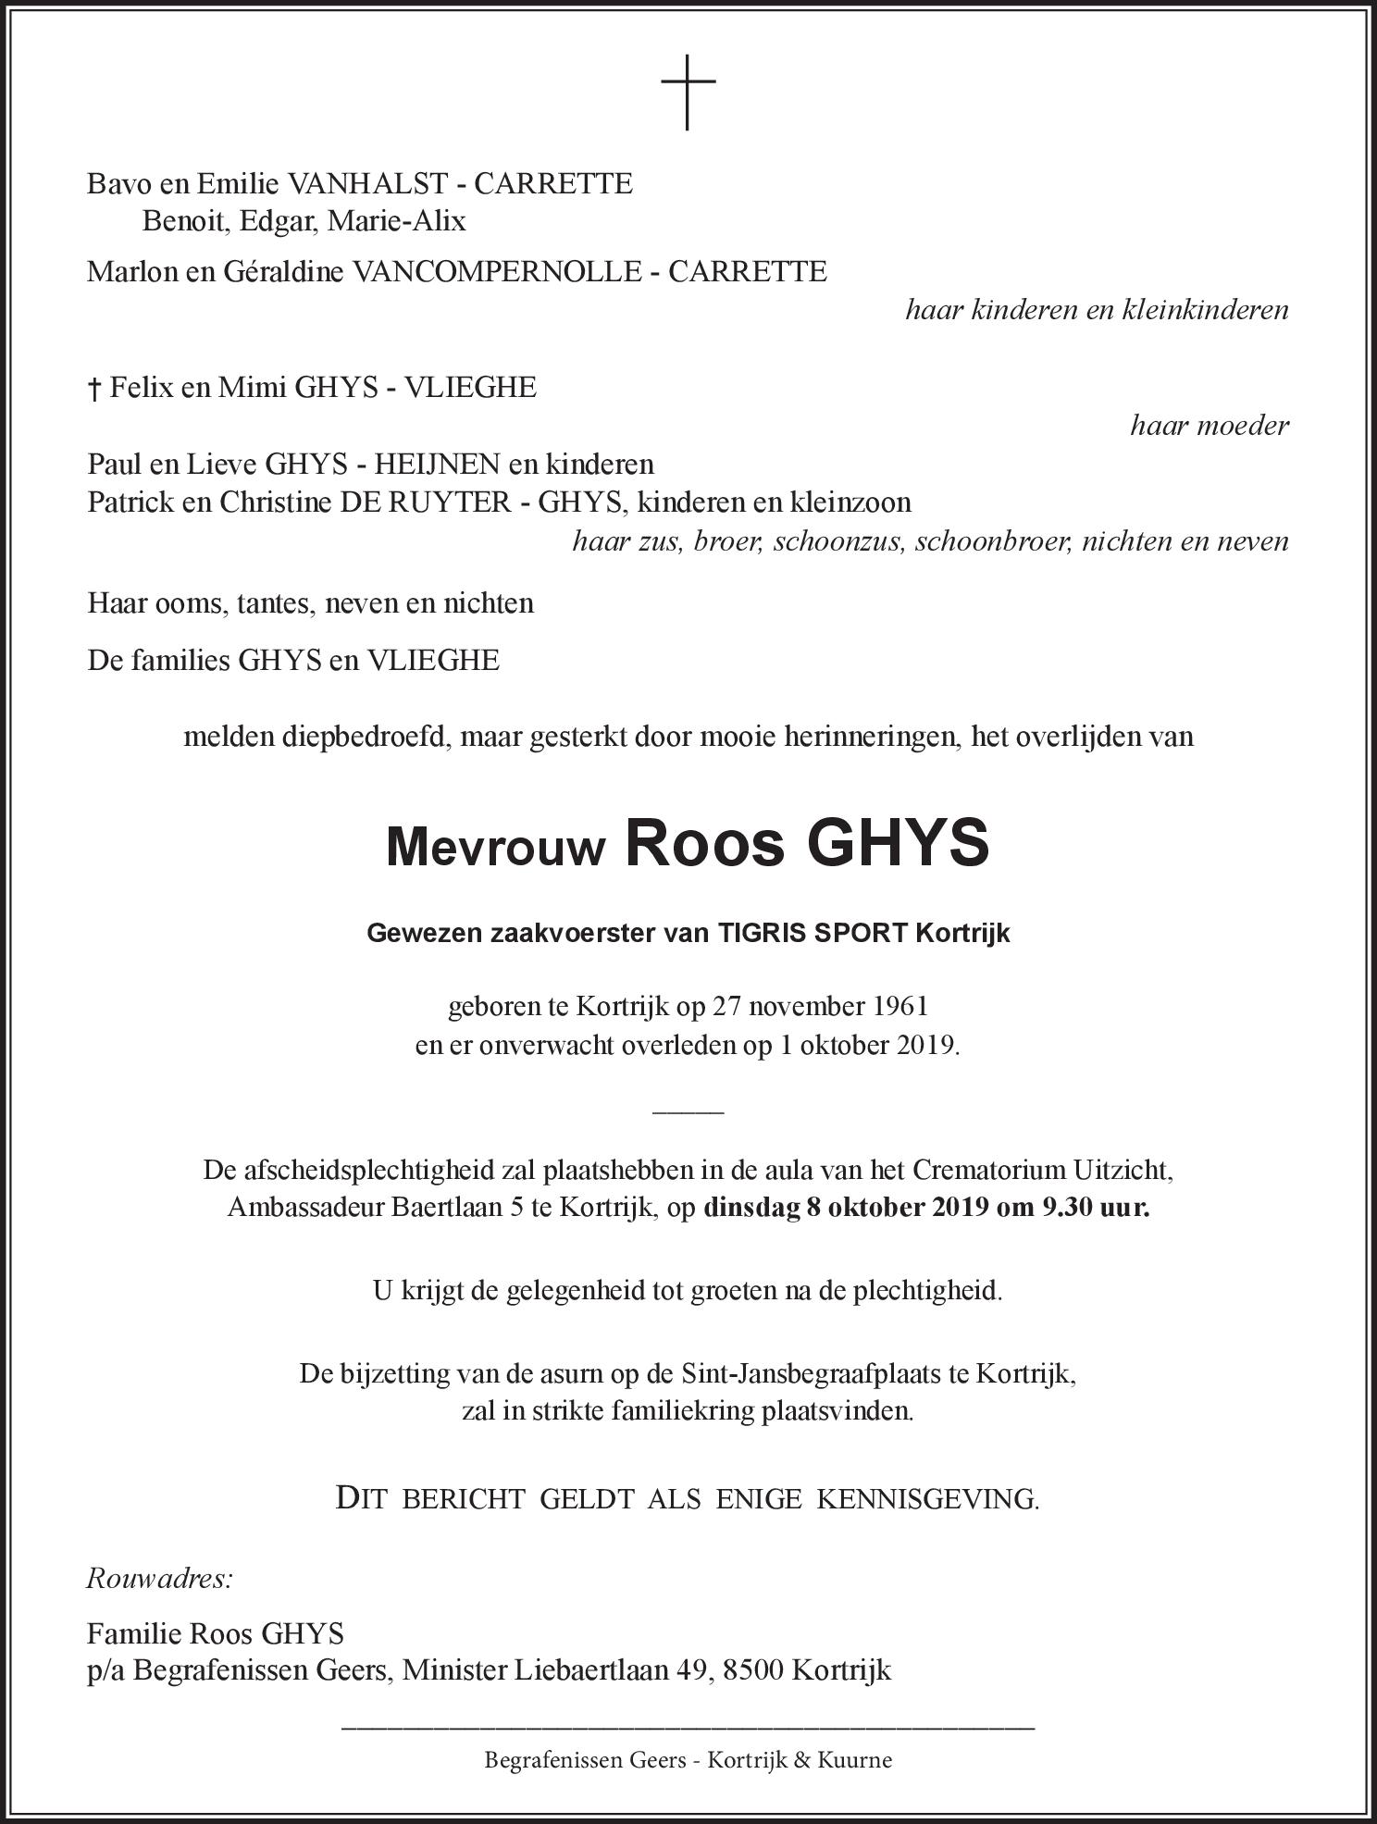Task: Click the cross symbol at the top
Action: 688,92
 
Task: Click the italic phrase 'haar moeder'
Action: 1209,426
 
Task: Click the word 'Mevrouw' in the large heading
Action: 495,847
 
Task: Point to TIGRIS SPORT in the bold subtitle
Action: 812,933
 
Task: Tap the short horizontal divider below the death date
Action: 688,1110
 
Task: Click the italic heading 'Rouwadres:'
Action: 159,1577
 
